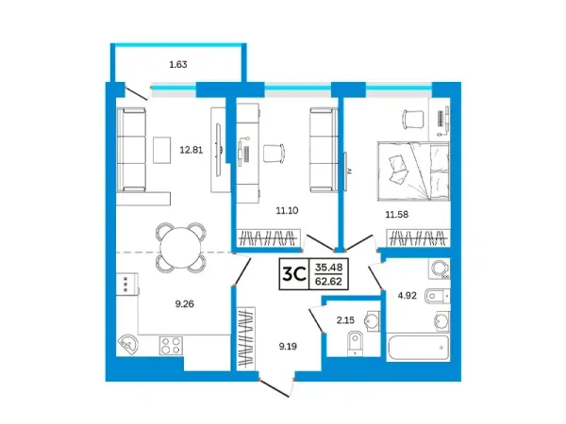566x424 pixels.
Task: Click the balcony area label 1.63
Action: coord(178,64)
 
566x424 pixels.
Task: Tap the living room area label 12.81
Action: coord(191,150)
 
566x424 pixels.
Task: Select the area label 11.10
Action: coord(288,210)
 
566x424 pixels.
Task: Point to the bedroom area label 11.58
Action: coord(397,215)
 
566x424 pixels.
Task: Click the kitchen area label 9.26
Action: coord(185,304)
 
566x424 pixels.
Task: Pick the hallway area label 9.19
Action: coord(288,347)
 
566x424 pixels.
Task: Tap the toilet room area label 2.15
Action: coord(345,319)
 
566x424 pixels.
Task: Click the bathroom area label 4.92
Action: coord(408,296)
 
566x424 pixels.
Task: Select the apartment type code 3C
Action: coord(294,274)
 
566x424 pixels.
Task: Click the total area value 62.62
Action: coord(328,281)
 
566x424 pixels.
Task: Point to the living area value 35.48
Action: coord(329,268)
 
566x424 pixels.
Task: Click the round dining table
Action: coord(181,248)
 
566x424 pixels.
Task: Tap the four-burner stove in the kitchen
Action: coord(171,346)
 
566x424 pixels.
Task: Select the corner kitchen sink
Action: coord(127,344)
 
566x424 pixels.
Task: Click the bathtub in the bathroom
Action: coord(418,347)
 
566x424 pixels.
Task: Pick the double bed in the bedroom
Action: coord(414,171)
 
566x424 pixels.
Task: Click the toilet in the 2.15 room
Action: coord(356,343)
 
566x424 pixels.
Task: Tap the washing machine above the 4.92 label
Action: coord(440,269)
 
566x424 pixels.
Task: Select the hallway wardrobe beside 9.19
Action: coord(246,338)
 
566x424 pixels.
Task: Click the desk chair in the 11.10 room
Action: coord(274,154)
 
